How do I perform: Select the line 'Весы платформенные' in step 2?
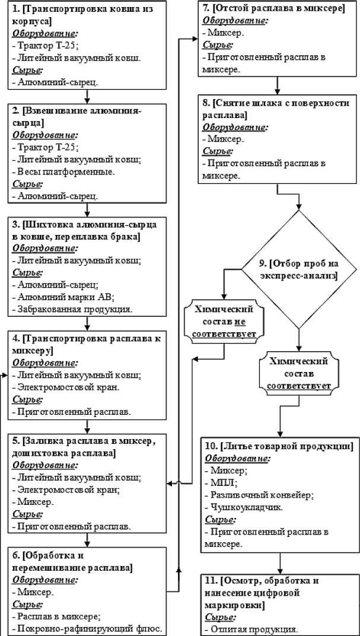(x=65, y=171)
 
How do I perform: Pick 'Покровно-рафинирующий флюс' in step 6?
(x=89, y=629)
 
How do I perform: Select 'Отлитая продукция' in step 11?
(x=250, y=629)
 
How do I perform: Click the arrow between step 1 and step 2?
(x=87, y=97)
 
